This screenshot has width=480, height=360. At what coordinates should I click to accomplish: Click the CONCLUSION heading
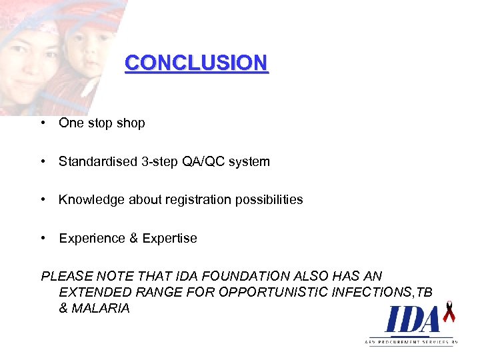click(x=196, y=63)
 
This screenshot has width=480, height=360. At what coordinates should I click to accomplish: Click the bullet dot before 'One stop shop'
click(x=42, y=123)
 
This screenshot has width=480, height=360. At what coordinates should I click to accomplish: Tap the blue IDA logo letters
click(x=413, y=319)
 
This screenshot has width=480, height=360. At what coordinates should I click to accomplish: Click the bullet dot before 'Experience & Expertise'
click(x=42, y=238)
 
